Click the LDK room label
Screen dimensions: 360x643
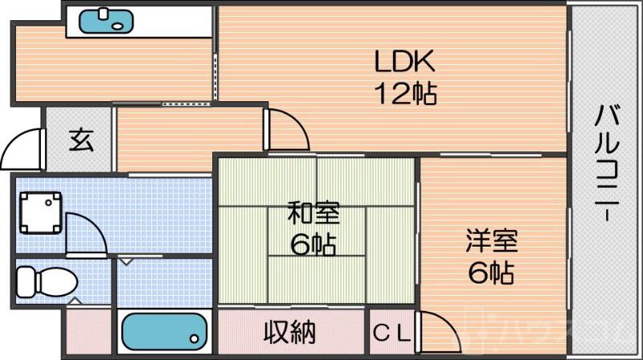pyautogui.click(x=403, y=62)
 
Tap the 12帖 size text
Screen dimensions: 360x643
pyautogui.click(x=403, y=93)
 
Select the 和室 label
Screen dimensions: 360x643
pyautogui.click(x=314, y=214)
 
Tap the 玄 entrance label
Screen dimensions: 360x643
pyautogui.click(x=80, y=140)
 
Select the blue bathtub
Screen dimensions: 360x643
pyautogui.click(x=164, y=330)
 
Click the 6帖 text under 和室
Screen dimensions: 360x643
pyautogui.click(x=314, y=244)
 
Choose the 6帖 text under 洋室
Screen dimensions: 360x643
pyautogui.click(x=491, y=272)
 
